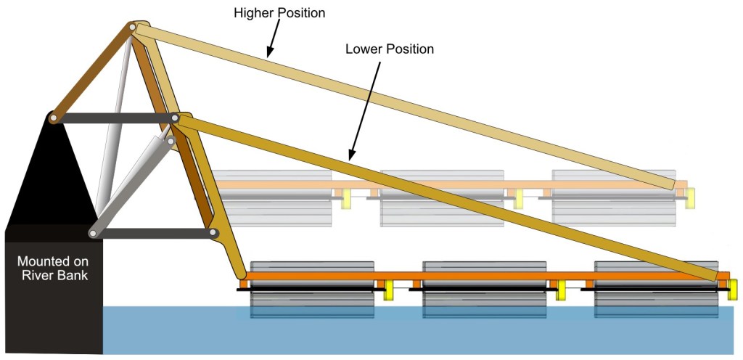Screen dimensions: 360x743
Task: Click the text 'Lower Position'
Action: pyautogui.click(x=390, y=49)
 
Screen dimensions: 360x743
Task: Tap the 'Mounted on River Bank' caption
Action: pyautogui.click(x=53, y=268)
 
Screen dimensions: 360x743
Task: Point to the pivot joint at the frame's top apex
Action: pyautogui.click(x=133, y=28)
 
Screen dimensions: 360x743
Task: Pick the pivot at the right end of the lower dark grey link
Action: pyautogui.click(x=213, y=233)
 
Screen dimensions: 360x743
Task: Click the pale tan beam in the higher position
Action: pyautogui.click(x=406, y=102)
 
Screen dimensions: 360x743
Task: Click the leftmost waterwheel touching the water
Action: pyautogui.click(x=312, y=290)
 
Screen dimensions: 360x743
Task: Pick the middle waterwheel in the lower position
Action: pyautogui.click(x=485, y=290)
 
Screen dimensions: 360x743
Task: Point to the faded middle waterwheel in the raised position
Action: pyautogui.click(x=442, y=197)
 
